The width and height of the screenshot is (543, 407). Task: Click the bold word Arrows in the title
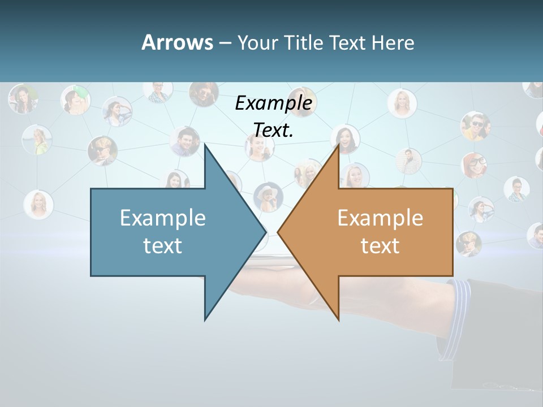tap(177, 43)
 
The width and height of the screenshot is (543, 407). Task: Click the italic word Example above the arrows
tap(274, 103)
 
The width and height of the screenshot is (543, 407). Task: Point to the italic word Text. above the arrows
tap(274, 130)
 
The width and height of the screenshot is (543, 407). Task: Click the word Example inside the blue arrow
tap(163, 218)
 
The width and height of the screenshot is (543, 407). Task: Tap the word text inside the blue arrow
tap(163, 246)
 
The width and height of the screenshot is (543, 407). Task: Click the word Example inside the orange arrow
tap(380, 218)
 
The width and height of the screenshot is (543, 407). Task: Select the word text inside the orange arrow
tap(380, 246)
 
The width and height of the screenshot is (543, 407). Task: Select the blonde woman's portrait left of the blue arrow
tap(39, 204)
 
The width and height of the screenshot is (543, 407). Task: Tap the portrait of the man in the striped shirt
tap(408, 161)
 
